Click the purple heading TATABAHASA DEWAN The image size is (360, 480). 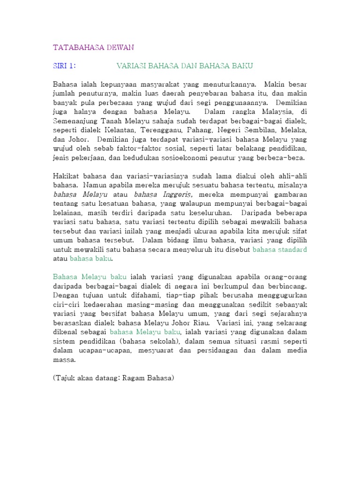point(93,47)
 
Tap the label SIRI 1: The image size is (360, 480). point(64,66)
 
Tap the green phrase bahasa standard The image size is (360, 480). point(280,249)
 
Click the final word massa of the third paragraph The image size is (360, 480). point(64,360)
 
